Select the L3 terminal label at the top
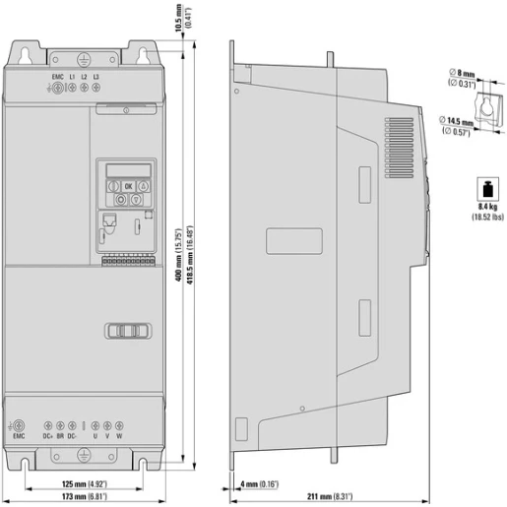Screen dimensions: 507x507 [x=96, y=75]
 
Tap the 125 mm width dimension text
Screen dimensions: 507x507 [x=80, y=483]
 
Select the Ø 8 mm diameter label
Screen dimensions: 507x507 [x=461, y=73]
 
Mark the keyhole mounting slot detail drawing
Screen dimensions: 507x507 [x=457, y=99]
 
